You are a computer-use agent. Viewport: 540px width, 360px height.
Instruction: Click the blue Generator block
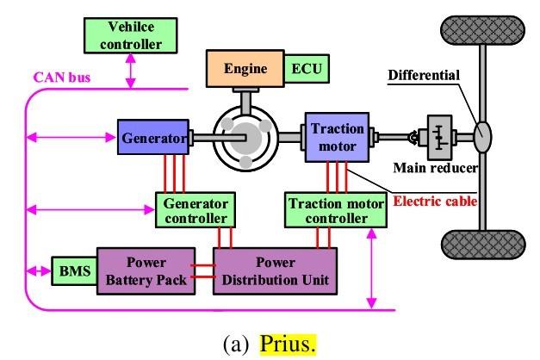coord(153,138)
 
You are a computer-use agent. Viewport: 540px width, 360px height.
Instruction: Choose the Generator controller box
coord(194,209)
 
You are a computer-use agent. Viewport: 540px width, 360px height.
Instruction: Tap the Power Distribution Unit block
coord(275,270)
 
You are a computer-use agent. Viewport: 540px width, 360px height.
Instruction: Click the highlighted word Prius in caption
coord(289,343)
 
